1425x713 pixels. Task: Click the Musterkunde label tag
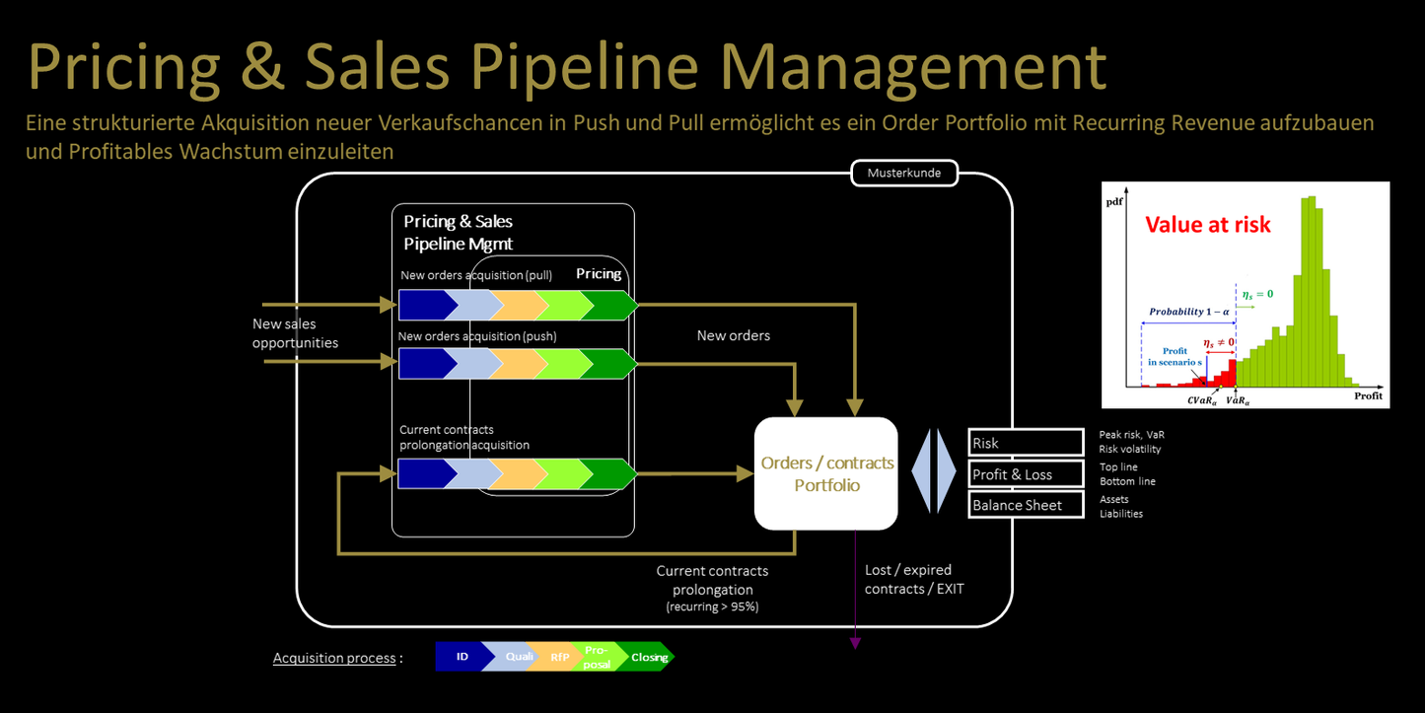tap(903, 174)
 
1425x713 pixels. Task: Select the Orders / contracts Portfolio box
tap(825, 473)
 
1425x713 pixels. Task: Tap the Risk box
tap(1026, 443)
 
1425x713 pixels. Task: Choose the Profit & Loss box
tap(1026, 474)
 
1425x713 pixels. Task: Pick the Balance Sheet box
tap(1026, 505)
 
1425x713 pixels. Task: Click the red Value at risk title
tap(1208, 225)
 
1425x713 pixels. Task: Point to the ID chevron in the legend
tap(461, 657)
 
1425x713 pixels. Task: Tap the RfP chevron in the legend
tap(558, 657)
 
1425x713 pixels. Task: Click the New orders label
tap(733, 335)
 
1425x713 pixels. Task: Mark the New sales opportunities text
tap(295, 333)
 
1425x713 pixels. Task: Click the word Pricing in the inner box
tap(599, 273)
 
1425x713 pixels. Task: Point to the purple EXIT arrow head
tap(855, 643)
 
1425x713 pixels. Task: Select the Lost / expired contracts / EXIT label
tap(913, 579)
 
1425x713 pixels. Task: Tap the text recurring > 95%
tap(712, 607)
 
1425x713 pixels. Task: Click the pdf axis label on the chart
tap(1113, 200)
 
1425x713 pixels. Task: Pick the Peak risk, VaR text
tap(1132, 434)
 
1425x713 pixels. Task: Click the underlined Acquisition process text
tap(334, 658)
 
